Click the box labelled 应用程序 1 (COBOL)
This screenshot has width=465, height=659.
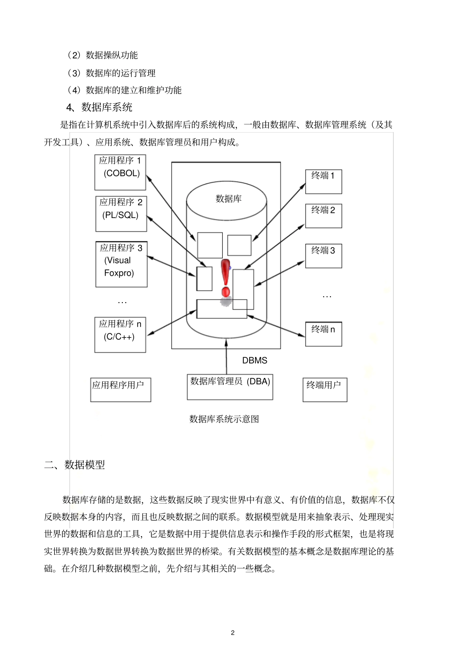(120, 172)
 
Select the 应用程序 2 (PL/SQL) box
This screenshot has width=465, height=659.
(121, 214)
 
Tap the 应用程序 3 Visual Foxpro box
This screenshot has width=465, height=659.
(121, 264)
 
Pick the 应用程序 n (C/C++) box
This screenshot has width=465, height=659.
(120, 335)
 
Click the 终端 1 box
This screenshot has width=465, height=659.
(323, 182)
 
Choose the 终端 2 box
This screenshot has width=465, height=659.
(323, 216)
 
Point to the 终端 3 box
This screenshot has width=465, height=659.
(323, 256)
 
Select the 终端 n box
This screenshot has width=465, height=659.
(323, 334)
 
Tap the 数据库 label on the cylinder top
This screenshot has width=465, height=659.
(229, 199)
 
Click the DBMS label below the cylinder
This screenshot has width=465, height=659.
(255, 360)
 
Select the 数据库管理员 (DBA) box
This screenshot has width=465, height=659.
(230, 387)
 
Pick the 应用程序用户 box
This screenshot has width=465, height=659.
(120, 390)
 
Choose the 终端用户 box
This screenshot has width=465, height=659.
(325, 390)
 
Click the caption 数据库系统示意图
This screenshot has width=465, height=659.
(224, 419)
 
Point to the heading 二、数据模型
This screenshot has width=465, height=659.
(75, 465)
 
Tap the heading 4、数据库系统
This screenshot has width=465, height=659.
(99, 107)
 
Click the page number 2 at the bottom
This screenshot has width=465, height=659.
(232, 633)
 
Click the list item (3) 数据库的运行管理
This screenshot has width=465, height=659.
(112, 73)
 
